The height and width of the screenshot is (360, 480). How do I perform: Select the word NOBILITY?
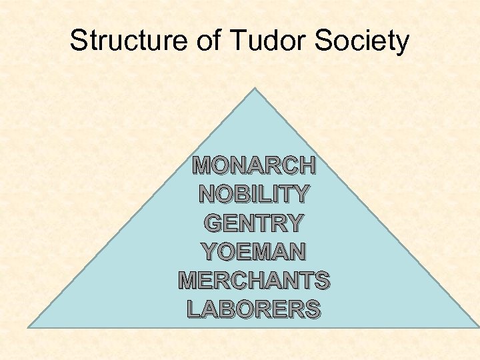coord(253,194)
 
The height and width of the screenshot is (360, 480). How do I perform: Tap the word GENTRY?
coord(253,223)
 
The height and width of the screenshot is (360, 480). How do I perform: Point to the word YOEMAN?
coord(253,251)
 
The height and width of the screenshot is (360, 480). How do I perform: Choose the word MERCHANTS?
coord(253,280)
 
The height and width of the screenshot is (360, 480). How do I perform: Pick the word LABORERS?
coord(253,309)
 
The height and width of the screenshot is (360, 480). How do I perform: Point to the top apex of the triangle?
coord(254,88)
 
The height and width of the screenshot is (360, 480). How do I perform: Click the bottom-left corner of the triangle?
coord(28,327)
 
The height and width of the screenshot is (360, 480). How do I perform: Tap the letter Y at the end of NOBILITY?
coord(300,194)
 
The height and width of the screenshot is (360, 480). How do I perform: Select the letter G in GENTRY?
coord(215,223)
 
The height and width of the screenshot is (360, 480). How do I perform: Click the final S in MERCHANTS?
coord(321,280)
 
